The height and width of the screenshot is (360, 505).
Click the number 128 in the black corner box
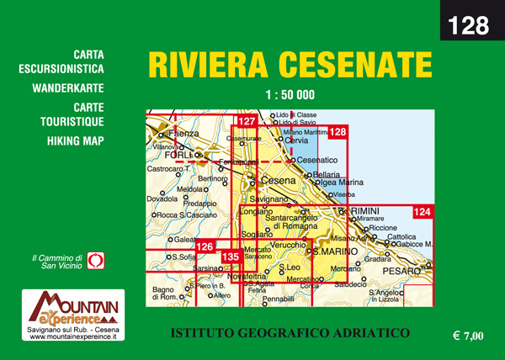point(469,25)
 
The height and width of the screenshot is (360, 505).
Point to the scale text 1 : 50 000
point(289,94)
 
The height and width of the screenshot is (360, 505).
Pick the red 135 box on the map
point(230,257)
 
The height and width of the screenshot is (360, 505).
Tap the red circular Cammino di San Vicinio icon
point(95,260)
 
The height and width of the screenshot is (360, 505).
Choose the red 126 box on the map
point(205,246)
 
